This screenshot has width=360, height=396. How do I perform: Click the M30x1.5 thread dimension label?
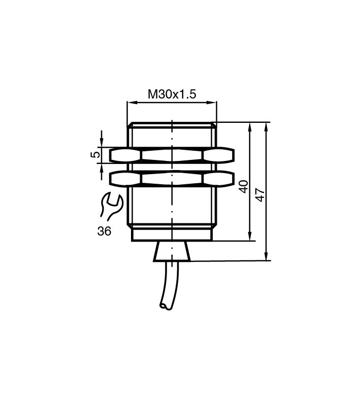point(172,94)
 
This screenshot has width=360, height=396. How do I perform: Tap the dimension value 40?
point(244,187)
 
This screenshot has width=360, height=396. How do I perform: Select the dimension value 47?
point(260,195)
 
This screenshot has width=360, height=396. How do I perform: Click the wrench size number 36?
point(104,231)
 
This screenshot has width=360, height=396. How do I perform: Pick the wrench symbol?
point(111,206)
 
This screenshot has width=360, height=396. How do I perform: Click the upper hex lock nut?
point(172,155)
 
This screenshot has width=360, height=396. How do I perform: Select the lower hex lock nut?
point(172,179)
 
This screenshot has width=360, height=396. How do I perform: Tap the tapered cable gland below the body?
point(172,251)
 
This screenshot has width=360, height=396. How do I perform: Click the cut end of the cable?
point(166,306)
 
